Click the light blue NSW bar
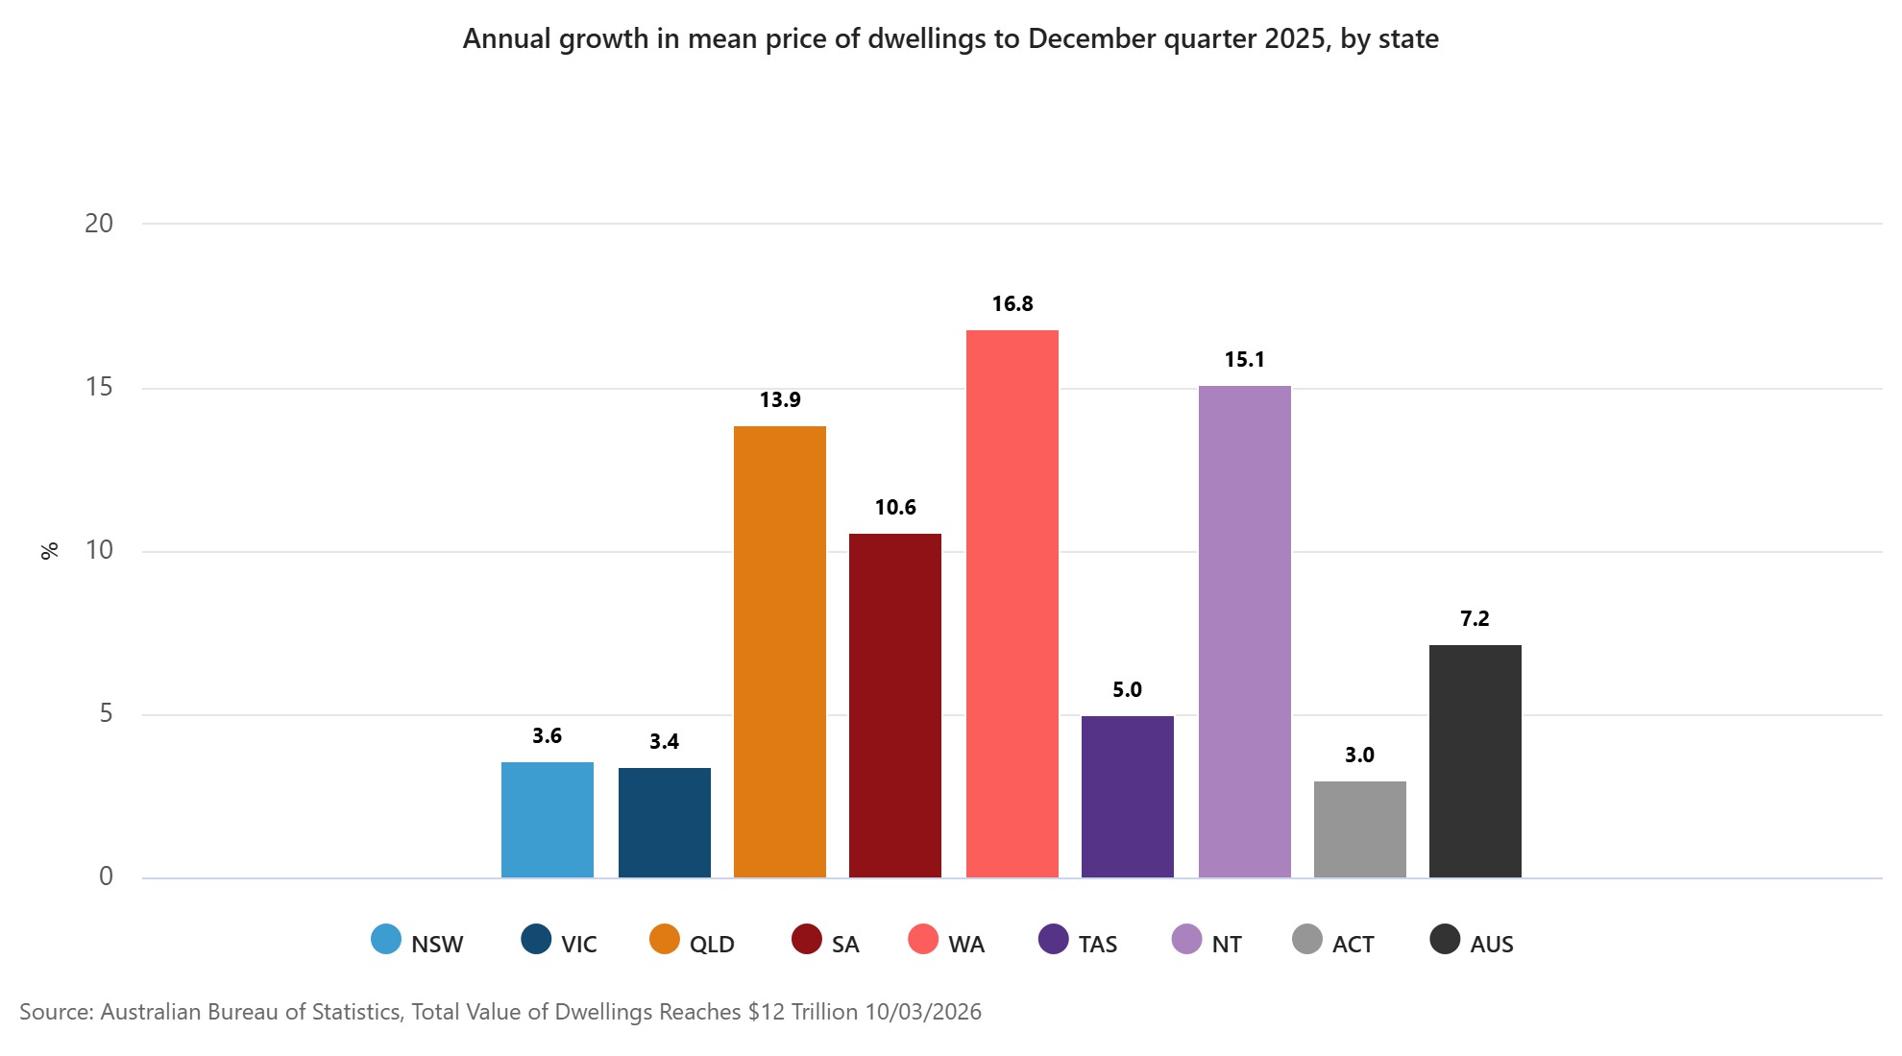pos(548,820)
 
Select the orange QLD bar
pos(780,652)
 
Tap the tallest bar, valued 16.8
pos(1012,604)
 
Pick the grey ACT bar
pos(1360,829)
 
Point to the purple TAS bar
pos(1128,797)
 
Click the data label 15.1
pos(1244,360)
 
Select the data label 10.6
pos(895,508)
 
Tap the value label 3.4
pos(664,742)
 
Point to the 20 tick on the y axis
pos(99,224)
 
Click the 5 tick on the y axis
pos(106,714)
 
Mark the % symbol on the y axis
pos(50,551)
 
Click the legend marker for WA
pos(923,939)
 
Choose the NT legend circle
pos(1187,939)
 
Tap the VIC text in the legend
pos(579,945)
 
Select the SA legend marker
pos(807,939)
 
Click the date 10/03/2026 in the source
pos(923,1012)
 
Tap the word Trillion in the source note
pos(824,1012)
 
